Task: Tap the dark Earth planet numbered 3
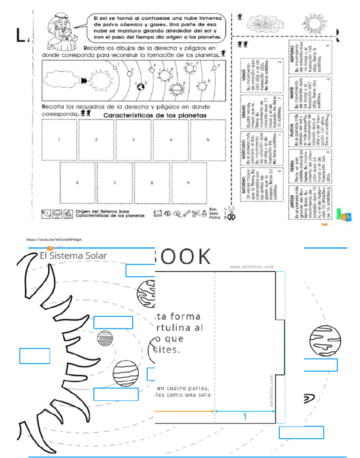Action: click(140, 86)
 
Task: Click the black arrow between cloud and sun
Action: click(84, 81)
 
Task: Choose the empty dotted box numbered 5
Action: click(208, 139)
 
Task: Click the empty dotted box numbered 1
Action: click(59, 139)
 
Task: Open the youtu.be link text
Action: click(54, 239)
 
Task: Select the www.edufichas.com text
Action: click(251, 267)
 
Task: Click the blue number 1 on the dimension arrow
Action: click(244, 417)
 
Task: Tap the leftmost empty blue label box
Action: click(35, 356)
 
